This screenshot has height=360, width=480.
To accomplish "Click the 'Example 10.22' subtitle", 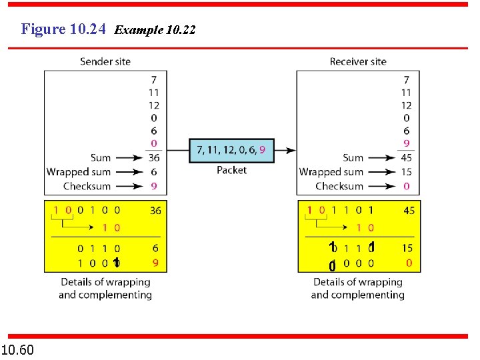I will [155, 30].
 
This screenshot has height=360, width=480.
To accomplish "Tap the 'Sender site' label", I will [105, 61].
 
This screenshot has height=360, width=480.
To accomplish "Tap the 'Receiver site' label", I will [358, 61].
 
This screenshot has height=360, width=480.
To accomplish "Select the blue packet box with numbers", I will [231, 150].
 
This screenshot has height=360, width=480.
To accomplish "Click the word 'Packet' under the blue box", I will [231, 170].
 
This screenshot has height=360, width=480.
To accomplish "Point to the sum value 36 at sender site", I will [153, 158].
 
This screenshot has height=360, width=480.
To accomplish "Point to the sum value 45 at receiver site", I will [406, 158].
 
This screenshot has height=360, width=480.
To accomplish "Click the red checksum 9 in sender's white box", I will [154, 186].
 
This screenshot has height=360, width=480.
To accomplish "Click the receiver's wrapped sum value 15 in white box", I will [406, 172].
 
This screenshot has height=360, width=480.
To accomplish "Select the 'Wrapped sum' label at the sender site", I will [79, 172].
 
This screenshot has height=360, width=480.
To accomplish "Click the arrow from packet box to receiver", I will [285, 150].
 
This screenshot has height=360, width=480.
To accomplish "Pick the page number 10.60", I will [18, 349].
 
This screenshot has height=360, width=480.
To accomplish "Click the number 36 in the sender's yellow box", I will [155, 211].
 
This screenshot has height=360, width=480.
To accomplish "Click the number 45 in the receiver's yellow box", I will [408, 211].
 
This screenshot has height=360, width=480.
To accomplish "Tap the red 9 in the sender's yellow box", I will [155, 263].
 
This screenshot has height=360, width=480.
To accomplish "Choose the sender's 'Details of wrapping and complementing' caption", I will [105, 288].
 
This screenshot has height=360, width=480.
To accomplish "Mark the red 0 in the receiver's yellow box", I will [409, 263].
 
